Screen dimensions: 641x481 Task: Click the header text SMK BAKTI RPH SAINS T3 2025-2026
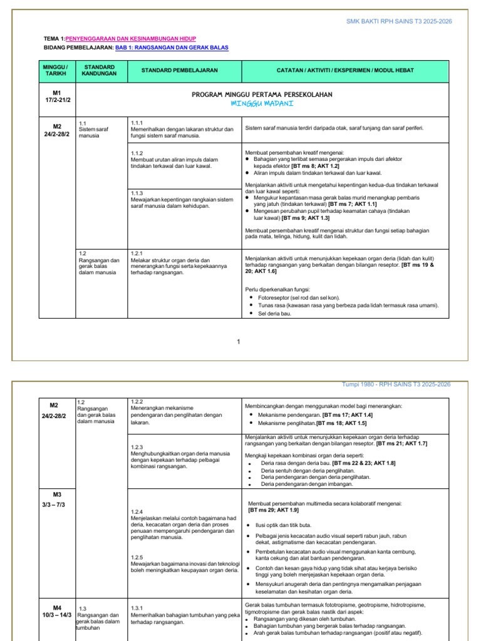pyautogui.click(x=399, y=21)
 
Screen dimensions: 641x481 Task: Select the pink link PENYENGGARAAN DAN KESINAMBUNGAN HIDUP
pyautogui.click(x=136, y=39)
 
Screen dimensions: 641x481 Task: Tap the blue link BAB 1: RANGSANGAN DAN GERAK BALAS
pyautogui.click(x=172, y=48)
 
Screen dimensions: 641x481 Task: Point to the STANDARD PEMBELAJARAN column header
pyautogui.click(x=179, y=70)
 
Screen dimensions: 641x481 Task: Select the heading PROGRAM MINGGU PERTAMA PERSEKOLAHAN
pyautogui.click(x=261, y=95)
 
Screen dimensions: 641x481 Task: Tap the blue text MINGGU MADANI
pyautogui.click(x=262, y=103)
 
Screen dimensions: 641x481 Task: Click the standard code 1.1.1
pyautogui.click(x=137, y=123)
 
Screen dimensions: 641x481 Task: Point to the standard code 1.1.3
pyautogui.click(x=137, y=193)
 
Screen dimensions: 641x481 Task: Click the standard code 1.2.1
pyautogui.click(x=137, y=254)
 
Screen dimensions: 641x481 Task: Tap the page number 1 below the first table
pyautogui.click(x=239, y=341)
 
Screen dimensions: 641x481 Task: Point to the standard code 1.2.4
pyautogui.click(x=137, y=511)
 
